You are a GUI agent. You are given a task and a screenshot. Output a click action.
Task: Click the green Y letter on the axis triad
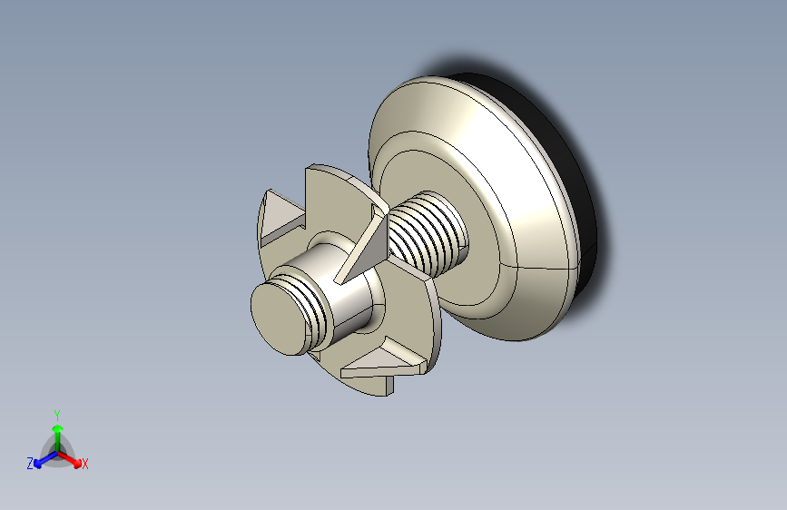pyautogui.click(x=56, y=413)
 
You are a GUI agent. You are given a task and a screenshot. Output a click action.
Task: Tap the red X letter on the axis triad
pyautogui.click(x=85, y=464)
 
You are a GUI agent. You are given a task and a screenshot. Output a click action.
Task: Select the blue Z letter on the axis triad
pyautogui.click(x=30, y=463)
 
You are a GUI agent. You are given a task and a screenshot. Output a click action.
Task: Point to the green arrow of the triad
pyautogui.click(x=56, y=430)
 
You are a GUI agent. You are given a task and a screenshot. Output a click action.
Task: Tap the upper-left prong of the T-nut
pyautogui.click(x=281, y=216)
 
